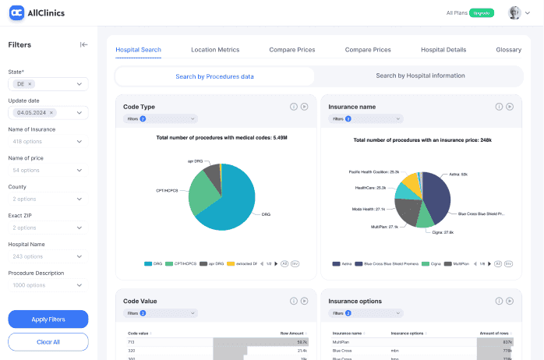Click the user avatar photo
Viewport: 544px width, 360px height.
(x=514, y=13)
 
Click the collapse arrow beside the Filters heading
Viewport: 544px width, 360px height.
(x=83, y=44)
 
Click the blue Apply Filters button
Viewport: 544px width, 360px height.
(x=48, y=319)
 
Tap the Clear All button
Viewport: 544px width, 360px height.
(x=48, y=342)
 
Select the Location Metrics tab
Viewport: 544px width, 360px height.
(x=215, y=50)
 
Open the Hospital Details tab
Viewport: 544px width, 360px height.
(x=443, y=50)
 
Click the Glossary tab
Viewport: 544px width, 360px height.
(x=508, y=50)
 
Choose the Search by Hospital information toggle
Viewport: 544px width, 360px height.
(x=420, y=76)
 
